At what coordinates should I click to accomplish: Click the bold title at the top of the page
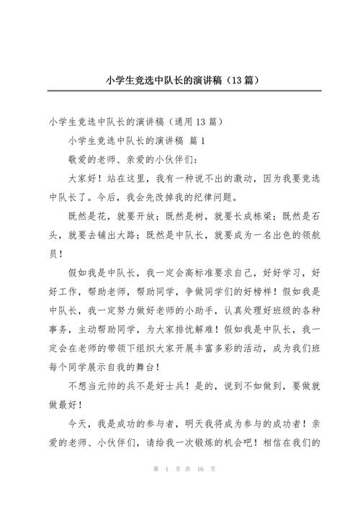179,79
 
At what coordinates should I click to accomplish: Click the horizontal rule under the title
179,91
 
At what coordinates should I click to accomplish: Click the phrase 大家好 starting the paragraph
81,178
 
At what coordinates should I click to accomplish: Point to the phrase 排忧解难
218,332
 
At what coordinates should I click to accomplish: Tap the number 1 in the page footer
166,490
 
